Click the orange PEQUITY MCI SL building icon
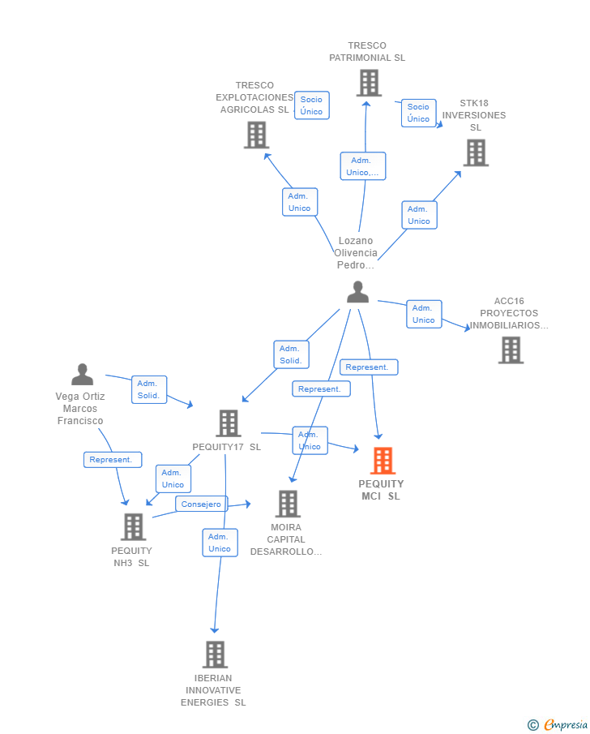pos(383,461)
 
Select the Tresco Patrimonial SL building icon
pos(368,83)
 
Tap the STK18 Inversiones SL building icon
pos(476,152)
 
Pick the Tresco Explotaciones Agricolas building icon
pos(256,135)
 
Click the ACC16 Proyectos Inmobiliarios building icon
pos(511,350)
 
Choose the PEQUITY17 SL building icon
pos(229,423)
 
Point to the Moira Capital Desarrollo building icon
pos(288,504)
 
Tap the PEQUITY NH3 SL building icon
pos(133,527)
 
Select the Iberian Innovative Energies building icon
pos(215,654)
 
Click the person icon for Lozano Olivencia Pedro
pos(357,292)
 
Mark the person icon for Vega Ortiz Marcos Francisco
pos(82,375)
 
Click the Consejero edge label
pos(201,504)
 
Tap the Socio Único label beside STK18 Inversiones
pos(418,113)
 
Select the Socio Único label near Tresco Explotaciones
pos(311,105)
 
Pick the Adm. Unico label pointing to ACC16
pos(423,314)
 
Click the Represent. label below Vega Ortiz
pos(112,460)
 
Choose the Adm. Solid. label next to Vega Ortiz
pos(148,390)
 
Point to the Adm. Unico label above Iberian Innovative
pos(220,543)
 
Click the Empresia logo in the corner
pos(558,724)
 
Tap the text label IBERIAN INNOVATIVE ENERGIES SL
pos(213,690)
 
